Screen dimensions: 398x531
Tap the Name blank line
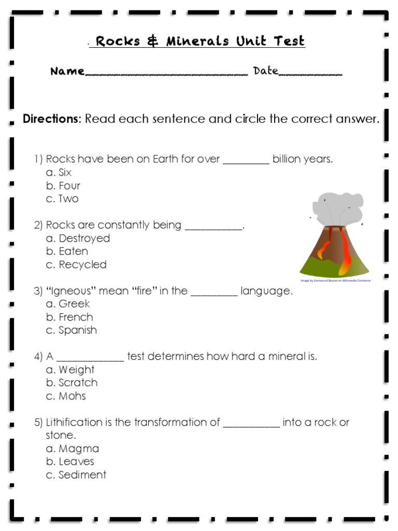pos(166,74)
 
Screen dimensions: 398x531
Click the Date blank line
pos(310,74)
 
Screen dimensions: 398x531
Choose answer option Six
pos(65,173)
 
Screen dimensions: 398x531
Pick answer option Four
pos(69,186)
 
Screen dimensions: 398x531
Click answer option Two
pos(68,199)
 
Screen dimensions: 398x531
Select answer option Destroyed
pos(84,239)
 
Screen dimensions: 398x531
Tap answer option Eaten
pos(73,251)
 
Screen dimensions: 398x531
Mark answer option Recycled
pos(82,265)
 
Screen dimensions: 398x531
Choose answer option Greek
pos(74,304)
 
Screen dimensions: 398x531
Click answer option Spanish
pos(78,330)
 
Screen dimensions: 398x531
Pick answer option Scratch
pos(78,383)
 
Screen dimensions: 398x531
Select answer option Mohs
pos(72,396)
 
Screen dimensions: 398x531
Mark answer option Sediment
pos(82,475)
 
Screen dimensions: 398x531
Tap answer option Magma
pos(78,449)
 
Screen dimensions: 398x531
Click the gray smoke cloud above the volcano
pos(339,206)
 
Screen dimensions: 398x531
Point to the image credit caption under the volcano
pos(335,281)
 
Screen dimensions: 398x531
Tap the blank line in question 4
pos(90,359)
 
